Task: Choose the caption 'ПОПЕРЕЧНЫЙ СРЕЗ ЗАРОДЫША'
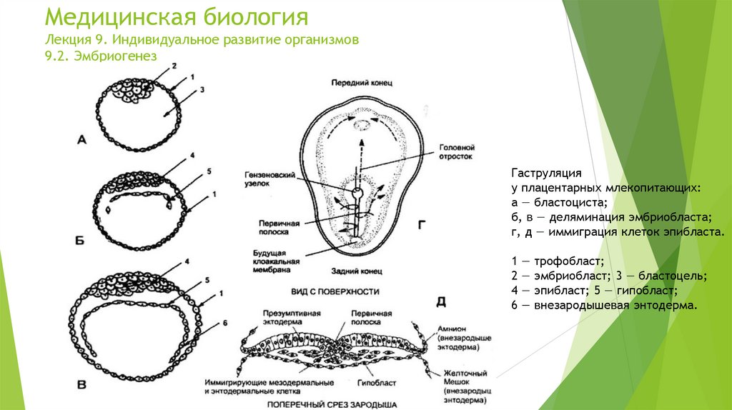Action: pos(332,404)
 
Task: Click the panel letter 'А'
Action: pos(81,141)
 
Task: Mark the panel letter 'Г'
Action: pos(422,226)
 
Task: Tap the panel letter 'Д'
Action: pos(441,302)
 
